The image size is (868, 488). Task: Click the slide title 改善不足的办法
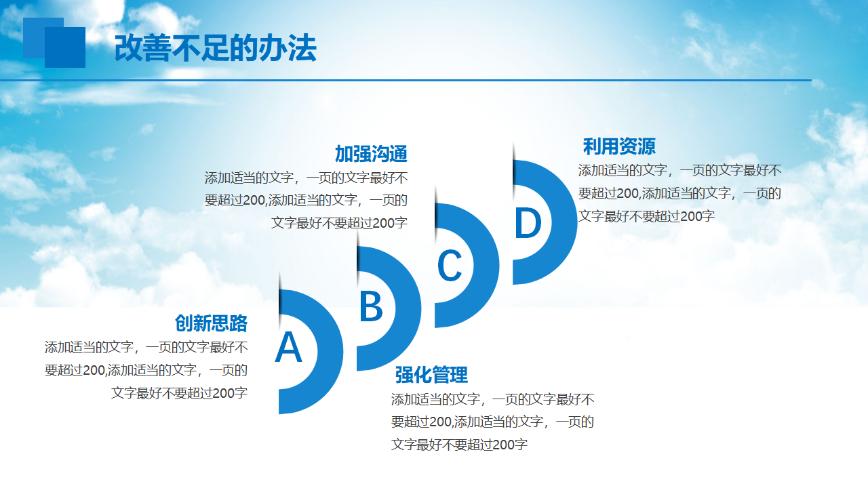[x=216, y=48]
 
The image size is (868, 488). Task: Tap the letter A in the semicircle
[x=288, y=347]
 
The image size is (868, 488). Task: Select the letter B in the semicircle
[x=371, y=306]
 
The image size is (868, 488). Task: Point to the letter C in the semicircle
[x=450, y=265]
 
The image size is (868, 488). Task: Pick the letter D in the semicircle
[x=528, y=222]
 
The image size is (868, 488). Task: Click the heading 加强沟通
[x=371, y=154]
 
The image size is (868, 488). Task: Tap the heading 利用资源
[x=619, y=146]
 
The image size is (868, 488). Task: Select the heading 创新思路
[x=211, y=323]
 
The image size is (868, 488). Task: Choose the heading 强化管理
[x=431, y=375]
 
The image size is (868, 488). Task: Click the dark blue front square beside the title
[x=65, y=47]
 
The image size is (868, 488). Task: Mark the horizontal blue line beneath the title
[x=406, y=80]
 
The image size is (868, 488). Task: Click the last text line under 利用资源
[x=646, y=216]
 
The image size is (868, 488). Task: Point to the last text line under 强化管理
[x=459, y=444]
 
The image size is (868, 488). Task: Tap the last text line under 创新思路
[x=180, y=393]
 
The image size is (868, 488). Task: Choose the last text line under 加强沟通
[x=340, y=223]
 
